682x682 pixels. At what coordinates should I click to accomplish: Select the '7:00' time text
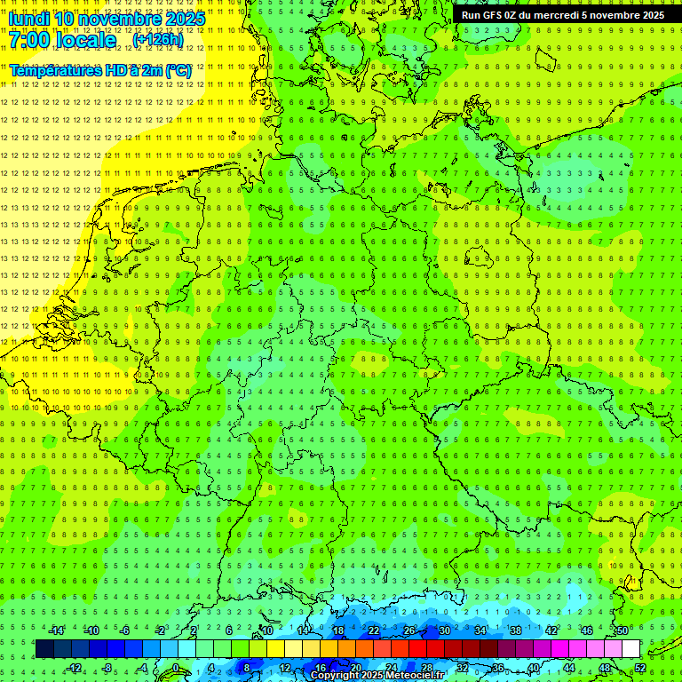click(28, 41)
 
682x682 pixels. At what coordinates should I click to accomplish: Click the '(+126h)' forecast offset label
click(158, 40)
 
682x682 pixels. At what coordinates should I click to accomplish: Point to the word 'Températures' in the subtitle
click(55, 70)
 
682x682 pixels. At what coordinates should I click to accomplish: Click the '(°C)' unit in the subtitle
click(178, 70)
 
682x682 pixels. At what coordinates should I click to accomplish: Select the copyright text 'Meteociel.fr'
click(414, 675)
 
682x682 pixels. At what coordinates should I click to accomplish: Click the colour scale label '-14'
click(56, 630)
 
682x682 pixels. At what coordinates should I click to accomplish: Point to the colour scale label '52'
click(639, 668)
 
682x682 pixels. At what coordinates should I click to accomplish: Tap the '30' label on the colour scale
click(444, 630)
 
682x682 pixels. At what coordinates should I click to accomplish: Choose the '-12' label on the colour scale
click(74, 668)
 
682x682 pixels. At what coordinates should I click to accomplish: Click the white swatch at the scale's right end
click(630, 649)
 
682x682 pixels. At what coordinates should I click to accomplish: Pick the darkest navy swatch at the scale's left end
click(44, 649)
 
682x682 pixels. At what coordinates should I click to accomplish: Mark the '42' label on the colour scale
click(551, 630)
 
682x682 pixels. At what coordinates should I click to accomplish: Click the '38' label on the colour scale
click(515, 630)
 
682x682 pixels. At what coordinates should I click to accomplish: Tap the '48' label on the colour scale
click(604, 668)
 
